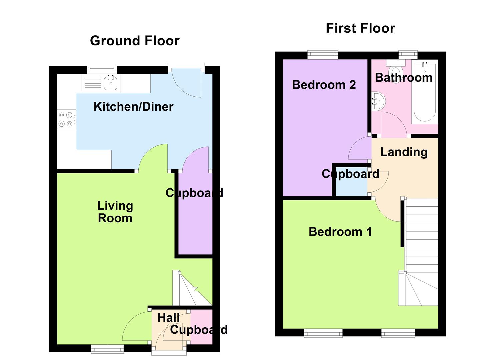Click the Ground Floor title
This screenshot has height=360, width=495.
pos(135,41)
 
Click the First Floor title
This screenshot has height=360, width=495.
pos(360,28)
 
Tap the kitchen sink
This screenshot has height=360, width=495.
pos(111,83)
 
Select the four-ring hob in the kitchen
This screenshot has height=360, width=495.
pos(65,119)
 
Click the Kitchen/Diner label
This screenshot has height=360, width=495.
pos(133,107)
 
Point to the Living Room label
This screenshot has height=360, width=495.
pos(115,212)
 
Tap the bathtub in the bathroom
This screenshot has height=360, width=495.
pos(424,92)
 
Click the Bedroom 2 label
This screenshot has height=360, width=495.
pos(324,85)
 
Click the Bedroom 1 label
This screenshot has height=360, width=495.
pos(340,232)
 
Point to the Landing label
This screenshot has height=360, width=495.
pos(404,152)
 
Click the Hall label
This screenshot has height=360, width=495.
pos(168,318)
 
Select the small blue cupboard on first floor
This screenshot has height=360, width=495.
pos(351,187)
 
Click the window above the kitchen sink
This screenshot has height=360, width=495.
pos(102,69)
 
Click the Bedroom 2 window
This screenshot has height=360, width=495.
pos(323,54)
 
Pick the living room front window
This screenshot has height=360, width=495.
pos(107,349)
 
